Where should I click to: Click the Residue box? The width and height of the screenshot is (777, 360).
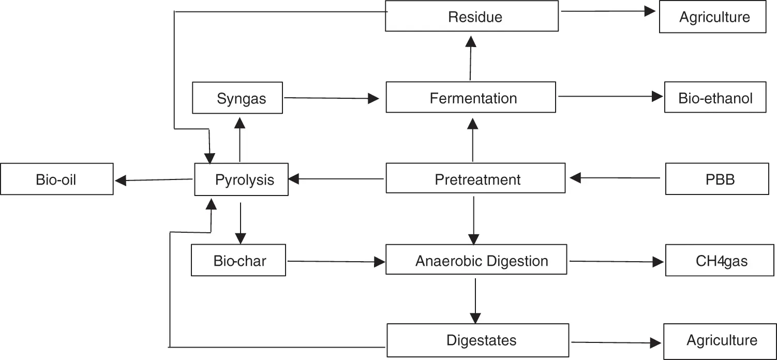472,16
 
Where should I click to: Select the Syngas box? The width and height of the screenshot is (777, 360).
237,98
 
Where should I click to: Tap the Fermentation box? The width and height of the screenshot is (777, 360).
471,97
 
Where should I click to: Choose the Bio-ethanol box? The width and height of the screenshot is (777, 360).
715,97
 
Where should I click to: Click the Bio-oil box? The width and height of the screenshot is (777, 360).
57,179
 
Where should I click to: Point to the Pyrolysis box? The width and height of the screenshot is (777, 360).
241,179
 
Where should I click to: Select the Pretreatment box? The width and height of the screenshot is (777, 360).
475,178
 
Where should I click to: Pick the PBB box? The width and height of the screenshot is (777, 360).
717,178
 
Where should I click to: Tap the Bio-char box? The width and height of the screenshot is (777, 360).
238,260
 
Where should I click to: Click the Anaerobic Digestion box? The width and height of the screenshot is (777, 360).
476,260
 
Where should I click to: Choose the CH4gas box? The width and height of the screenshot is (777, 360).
720,260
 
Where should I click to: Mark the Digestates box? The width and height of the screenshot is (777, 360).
477,340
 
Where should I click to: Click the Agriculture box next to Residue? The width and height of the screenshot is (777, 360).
712,17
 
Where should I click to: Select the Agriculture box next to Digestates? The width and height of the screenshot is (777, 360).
720,341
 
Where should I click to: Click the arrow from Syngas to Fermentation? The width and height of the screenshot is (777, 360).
331,98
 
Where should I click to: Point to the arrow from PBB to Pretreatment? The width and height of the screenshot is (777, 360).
615,178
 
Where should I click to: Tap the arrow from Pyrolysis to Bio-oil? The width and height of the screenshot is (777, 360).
154,179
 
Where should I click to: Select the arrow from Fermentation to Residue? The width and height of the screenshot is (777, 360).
470,58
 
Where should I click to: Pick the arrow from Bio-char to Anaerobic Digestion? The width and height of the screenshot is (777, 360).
336,262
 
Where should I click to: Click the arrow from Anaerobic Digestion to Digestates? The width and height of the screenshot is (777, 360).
475,301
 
